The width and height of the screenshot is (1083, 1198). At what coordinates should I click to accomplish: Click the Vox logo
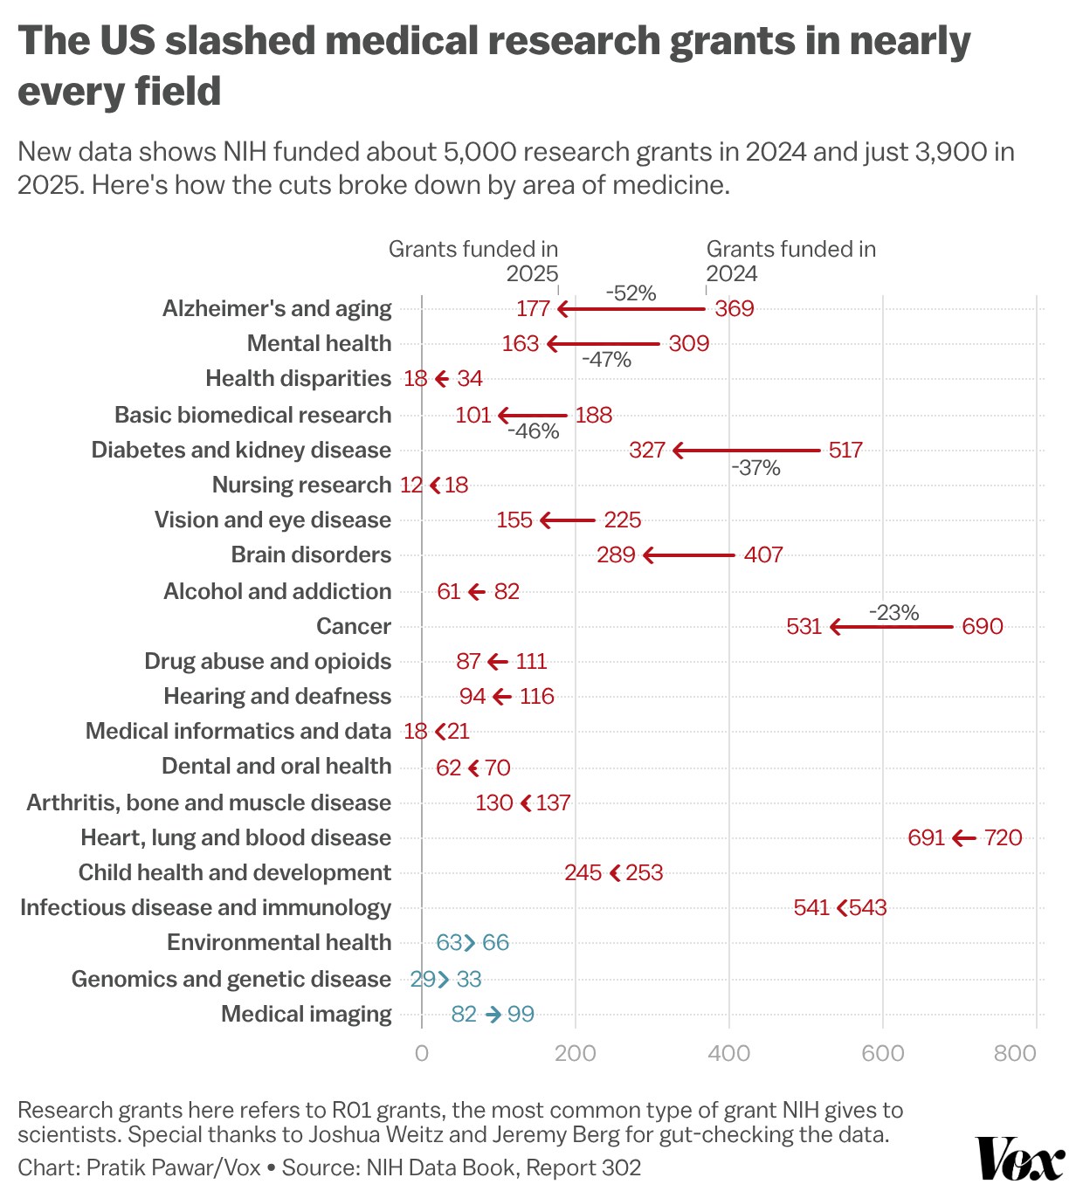[1019, 1159]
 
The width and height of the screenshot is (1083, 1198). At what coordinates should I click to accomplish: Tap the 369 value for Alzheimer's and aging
[734, 309]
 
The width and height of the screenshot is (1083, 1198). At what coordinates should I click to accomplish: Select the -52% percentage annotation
[631, 293]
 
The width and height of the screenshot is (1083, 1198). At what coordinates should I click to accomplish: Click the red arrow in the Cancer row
[891, 627]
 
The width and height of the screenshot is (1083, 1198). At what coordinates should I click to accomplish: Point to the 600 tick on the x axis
[882, 1053]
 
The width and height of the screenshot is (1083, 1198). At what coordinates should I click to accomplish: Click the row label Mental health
[319, 344]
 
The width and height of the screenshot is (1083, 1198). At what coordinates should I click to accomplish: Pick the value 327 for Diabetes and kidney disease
[647, 451]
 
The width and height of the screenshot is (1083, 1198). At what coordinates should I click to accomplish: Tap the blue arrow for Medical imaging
[493, 1015]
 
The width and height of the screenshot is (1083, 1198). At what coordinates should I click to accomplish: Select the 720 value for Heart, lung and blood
[1003, 838]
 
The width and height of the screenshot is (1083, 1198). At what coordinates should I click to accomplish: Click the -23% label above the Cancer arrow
[893, 613]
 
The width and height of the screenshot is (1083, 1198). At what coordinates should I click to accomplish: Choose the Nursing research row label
[301, 485]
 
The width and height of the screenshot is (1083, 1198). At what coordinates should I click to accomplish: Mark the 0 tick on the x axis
[422, 1053]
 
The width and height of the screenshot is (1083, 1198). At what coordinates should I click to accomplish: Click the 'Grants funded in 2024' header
[790, 261]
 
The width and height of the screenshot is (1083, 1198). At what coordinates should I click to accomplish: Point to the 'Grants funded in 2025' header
[473, 261]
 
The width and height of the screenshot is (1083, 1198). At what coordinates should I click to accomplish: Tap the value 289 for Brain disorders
[616, 555]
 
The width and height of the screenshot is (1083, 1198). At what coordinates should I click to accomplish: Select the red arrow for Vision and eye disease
[568, 521]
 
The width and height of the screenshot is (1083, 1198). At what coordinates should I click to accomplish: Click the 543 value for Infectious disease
[867, 908]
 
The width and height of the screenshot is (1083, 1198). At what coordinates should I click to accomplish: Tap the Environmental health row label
[279, 943]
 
